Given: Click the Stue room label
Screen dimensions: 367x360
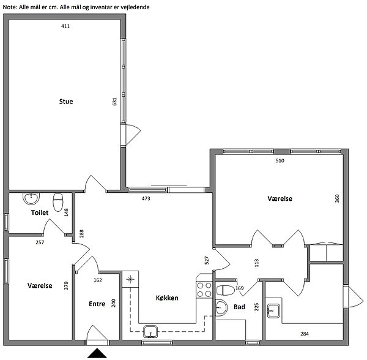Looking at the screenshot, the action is [66, 102].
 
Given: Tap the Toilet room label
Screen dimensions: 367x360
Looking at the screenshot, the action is [40, 212].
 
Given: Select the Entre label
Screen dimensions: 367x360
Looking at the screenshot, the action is [97, 304].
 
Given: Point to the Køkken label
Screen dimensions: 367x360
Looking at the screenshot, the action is [167, 298].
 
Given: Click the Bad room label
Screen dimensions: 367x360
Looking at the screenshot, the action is [239, 307].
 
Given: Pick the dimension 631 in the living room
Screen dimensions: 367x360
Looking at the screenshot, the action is [115, 102].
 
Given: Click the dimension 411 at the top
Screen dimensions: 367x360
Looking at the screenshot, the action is [65, 26].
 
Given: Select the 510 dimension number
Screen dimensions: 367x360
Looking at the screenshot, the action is [280, 160].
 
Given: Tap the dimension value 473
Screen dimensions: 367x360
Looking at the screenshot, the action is [146, 198].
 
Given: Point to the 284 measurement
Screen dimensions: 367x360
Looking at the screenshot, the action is [305, 334].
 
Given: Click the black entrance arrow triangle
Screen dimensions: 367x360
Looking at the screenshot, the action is [97, 353].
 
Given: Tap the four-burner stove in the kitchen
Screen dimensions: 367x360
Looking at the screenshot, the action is [204, 290].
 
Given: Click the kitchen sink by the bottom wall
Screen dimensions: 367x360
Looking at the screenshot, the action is [150, 332].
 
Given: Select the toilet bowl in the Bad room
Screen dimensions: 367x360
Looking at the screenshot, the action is [225, 290].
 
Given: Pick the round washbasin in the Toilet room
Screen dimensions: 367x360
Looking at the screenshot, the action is [31, 198].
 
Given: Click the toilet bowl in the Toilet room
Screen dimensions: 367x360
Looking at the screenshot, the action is [58, 203].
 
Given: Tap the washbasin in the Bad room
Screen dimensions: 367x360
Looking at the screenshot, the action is [221, 307].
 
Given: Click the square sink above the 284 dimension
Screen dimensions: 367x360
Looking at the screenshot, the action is [273, 311].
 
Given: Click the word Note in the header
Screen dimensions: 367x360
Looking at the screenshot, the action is [9, 7].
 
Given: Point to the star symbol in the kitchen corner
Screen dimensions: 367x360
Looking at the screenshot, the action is [130, 279].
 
